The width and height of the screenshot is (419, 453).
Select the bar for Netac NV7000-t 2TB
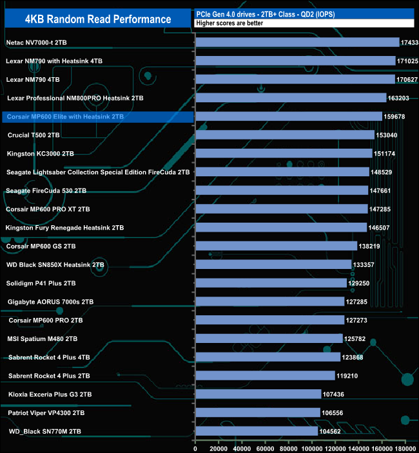coord(297,42)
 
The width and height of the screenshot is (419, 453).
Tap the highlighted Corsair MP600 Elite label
coord(64,117)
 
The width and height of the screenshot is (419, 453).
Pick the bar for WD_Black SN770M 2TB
coord(257,431)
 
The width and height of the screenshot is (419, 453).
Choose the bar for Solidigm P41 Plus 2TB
coord(271,283)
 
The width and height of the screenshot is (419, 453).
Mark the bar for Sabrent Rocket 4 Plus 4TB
coord(268,357)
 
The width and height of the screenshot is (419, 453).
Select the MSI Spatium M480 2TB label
coord(43,338)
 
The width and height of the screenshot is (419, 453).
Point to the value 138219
coord(371,246)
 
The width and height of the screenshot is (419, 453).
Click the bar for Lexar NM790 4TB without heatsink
coord(295,80)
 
